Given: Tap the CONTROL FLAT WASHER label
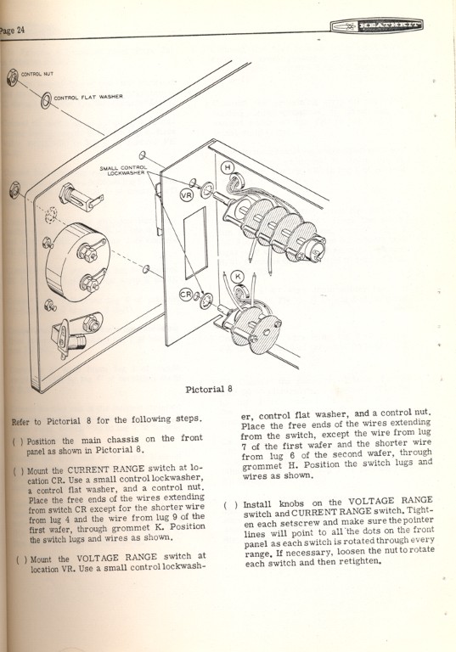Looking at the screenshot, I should (88, 98).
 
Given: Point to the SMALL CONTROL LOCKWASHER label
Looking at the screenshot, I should (124, 171).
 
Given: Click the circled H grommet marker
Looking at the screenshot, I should (228, 168).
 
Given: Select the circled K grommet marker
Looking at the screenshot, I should (238, 275).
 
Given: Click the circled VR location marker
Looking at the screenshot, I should (187, 195).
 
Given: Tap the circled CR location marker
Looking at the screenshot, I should (185, 293).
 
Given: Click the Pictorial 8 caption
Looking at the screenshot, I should (209, 390).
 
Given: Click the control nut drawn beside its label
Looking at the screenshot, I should (12, 78).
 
